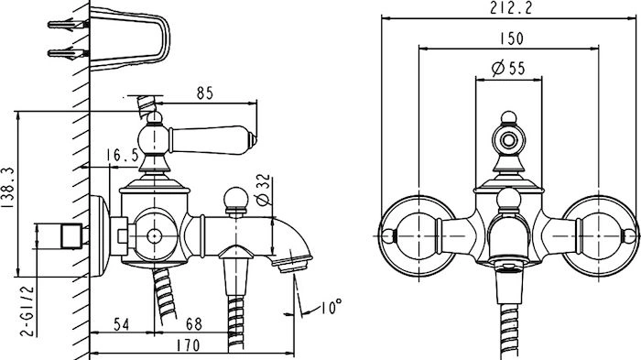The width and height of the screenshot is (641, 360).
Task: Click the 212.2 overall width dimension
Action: pos(511,8)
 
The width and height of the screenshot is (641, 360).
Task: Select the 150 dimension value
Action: pos(511,38)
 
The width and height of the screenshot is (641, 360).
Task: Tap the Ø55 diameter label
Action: pos(508,68)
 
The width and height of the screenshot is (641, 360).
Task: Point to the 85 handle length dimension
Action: pos(205,93)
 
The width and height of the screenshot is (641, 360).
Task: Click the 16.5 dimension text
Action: pos(122,156)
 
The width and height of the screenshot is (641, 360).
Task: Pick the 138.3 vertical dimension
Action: pos(8,188)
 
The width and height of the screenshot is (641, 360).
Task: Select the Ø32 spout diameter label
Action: pos(263,190)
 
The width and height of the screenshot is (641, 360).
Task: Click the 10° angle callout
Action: pos(331,307)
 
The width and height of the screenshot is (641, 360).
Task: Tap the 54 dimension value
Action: pos(122,324)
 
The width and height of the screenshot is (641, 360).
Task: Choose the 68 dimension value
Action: pos(194,324)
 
